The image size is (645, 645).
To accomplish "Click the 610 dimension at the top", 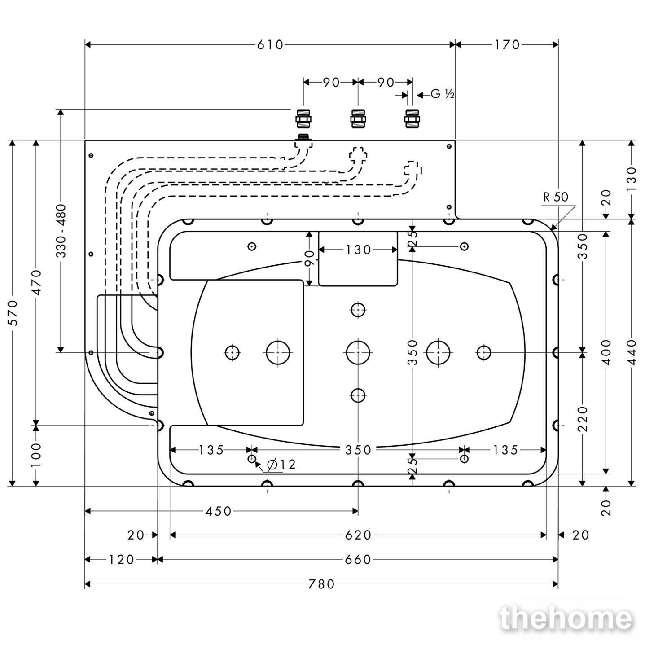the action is click(x=270, y=45).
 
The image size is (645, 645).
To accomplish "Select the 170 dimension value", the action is click(x=507, y=45).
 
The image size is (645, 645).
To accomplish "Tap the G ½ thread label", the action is click(x=442, y=94).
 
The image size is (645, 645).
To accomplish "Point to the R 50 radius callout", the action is click(x=556, y=197).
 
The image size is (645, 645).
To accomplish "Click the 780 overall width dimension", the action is click(x=321, y=584).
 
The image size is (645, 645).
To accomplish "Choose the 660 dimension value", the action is click(x=357, y=559).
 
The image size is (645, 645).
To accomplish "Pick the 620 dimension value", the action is click(x=358, y=535).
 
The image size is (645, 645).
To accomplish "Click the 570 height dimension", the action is click(x=13, y=313).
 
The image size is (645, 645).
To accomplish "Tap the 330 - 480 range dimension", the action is click(x=61, y=231).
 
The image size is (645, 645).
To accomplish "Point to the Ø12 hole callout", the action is click(x=281, y=465).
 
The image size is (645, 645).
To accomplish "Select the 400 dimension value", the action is click(x=606, y=352).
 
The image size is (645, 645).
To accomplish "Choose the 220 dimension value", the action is click(x=583, y=419).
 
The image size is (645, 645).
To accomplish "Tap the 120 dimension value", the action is click(x=121, y=559).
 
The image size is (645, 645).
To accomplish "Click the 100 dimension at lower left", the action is click(x=37, y=455).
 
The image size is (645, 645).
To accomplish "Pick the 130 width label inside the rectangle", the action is click(x=358, y=250).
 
